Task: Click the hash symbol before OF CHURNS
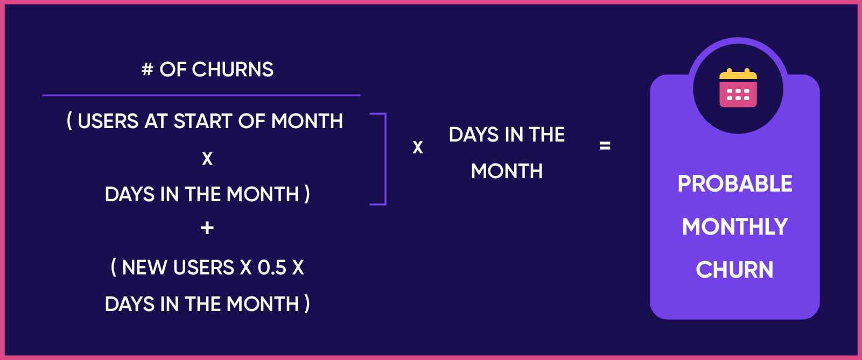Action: (x=147, y=70)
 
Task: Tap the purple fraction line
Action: (x=201, y=95)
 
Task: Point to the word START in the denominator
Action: (x=203, y=122)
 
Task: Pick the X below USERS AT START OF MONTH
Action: (x=207, y=159)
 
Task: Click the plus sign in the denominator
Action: (x=207, y=228)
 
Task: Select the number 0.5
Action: (x=272, y=267)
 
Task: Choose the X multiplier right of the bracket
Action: (x=418, y=147)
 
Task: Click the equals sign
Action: (x=605, y=145)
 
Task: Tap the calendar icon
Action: (x=738, y=89)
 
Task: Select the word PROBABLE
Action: (x=735, y=184)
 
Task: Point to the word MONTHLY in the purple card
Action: (x=735, y=227)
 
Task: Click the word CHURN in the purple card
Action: (x=735, y=270)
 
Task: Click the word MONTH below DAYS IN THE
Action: (x=507, y=171)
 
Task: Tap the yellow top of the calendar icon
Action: (x=738, y=75)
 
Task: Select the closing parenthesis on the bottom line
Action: (x=307, y=304)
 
